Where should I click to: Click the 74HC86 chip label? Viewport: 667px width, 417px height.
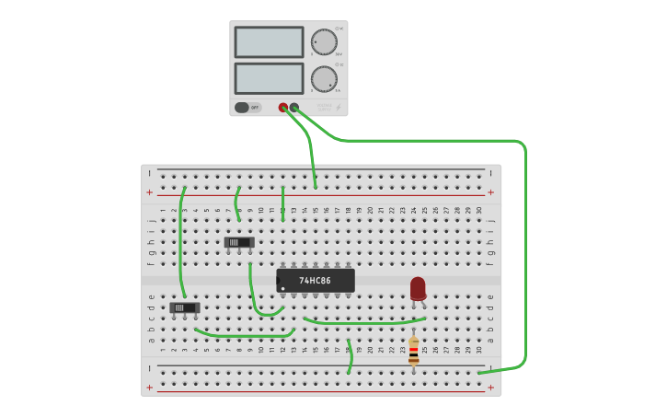(x=314, y=280)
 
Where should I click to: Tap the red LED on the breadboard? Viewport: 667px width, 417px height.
(x=418, y=288)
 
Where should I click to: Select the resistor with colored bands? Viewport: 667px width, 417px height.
(x=413, y=350)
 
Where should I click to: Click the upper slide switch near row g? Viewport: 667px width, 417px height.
(x=239, y=242)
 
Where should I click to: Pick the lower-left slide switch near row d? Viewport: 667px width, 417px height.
(x=184, y=307)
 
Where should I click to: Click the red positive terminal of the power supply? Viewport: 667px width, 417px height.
(x=283, y=108)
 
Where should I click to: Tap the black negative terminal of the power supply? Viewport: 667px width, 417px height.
(x=294, y=108)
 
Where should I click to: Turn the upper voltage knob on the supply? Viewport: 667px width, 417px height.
(x=324, y=42)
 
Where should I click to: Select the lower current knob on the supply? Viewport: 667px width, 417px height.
(x=324, y=79)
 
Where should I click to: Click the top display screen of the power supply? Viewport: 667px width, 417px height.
(x=269, y=42)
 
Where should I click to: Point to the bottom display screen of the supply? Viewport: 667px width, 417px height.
(x=269, y=78)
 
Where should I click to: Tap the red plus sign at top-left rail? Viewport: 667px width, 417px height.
(x=149, y=192)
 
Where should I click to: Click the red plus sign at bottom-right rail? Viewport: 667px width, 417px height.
(x=490, y=388)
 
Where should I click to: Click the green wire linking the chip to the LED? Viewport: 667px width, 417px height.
(x=363, y=323)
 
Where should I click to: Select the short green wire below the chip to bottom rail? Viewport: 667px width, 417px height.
(x=350, y=357)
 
